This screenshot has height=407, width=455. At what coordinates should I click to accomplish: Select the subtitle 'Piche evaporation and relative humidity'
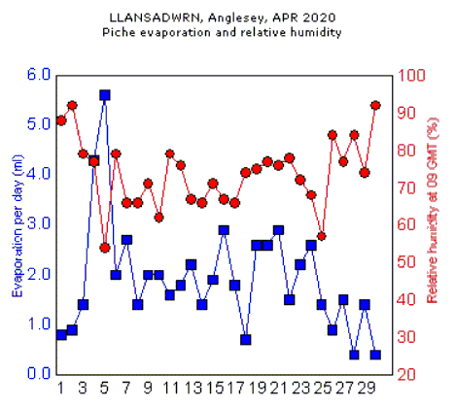(x=223, y=32)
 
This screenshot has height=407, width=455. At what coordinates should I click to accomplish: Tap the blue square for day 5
(x=105, y=95)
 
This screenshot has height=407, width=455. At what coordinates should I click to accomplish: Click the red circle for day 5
(x=105, y=248)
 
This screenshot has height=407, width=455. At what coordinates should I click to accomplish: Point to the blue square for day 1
(x=61, y=335)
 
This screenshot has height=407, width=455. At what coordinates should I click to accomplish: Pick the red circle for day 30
(x=376, y=105)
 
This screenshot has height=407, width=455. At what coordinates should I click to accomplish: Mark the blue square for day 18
(x=247, y=340)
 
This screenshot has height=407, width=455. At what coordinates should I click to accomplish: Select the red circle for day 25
(x=321, y=236)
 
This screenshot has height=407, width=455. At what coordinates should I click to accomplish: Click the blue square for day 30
(x=376, y=355)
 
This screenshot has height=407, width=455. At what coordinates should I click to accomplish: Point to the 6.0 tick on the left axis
(x=38, y=75)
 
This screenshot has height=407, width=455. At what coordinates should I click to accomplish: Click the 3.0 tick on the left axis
(x=38, y=224)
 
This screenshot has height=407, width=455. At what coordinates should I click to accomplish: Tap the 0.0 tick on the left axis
(x=38, y=374)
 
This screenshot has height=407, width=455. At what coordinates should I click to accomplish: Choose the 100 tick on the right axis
(x=410, y=75)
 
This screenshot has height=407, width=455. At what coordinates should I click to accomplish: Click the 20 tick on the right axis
(x=407, y=374)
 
